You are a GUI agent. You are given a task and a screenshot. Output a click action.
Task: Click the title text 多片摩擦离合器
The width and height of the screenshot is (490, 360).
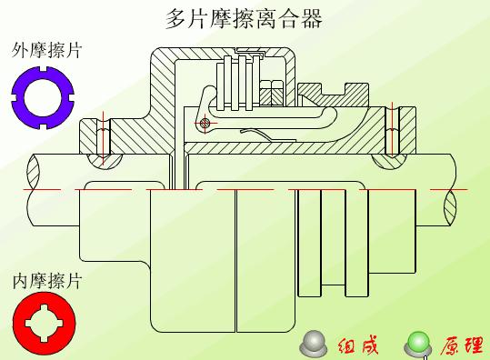tap(244, 18)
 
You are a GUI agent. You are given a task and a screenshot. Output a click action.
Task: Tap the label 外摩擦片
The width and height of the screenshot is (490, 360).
tap(46, 50)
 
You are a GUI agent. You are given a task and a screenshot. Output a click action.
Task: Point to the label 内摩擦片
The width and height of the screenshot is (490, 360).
tap(46, 281)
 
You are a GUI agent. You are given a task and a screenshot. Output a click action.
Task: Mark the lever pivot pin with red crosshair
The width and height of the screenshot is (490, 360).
tap(205, 123)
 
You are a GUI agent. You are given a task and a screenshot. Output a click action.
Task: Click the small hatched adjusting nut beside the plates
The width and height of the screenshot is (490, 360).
tap(271, 92)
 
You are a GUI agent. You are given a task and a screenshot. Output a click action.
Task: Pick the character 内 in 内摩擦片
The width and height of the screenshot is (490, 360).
tap(20, 281)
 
